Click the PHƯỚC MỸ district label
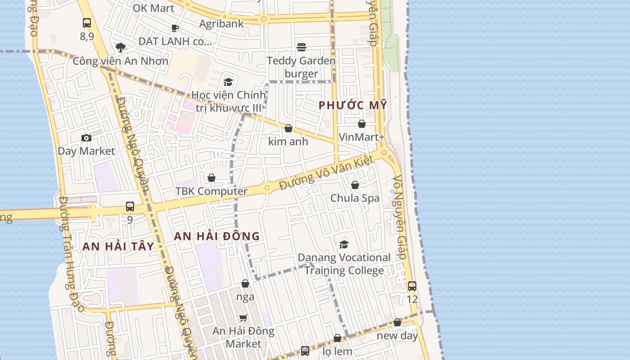[x=353, y=105]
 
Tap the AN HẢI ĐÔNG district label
[x=217, y=236]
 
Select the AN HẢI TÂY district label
[x=118, y=246]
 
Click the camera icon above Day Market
[x=86, y=138]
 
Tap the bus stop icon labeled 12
[x=412, y=286]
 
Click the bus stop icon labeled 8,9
[x=87, y=22]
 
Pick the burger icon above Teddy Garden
[x=301, y=47]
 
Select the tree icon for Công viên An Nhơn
[x=120, y=47]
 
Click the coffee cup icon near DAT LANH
[x=175, y=28]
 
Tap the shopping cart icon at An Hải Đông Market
[x=243, y=318]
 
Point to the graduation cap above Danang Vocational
[x=344, y=244]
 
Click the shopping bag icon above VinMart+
[x=362, y=124]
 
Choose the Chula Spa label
[x=355, y=198]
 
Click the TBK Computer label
[x=211, y=191]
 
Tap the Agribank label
[x=221, y=23]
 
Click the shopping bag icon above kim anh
[x=288, y=128]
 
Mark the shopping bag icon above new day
[x=397, y=322]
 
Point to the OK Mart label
[x=153, y=8]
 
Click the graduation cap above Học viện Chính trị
[x=228, y=82]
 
